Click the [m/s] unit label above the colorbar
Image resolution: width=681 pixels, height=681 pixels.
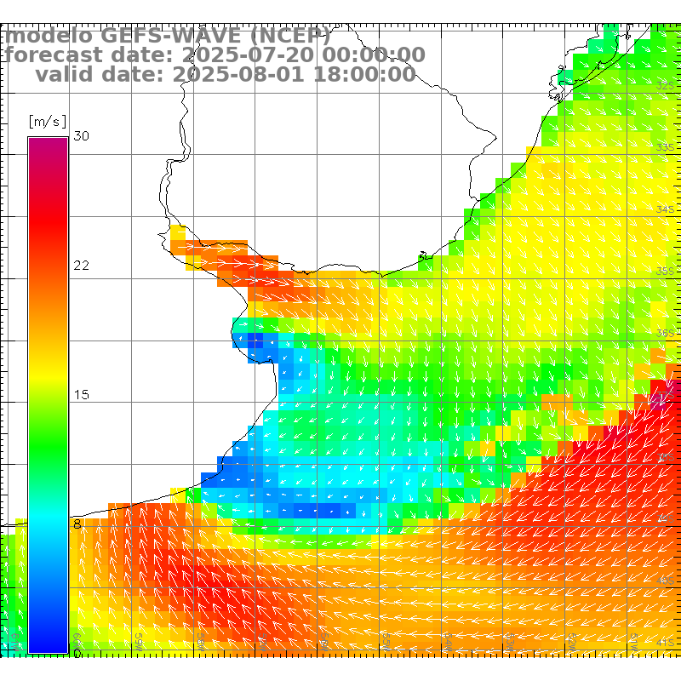point(47,121)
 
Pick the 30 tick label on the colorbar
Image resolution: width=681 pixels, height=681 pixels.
point(82,136)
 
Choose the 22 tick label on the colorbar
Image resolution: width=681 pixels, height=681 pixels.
point(82,266)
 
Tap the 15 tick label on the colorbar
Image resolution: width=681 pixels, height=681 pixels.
point(82,395)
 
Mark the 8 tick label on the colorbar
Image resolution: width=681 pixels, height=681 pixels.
point(77,524)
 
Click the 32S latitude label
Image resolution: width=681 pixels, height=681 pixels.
point(666,85)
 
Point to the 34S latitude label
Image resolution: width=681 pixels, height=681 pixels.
point(666,209)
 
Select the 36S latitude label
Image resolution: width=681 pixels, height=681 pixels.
point(666,333)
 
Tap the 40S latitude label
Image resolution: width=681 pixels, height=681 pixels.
point(666,581)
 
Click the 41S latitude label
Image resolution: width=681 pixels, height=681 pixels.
point(666,642)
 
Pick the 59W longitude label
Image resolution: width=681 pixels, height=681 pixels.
point(140,639)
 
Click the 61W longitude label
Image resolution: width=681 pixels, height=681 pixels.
point(16,639)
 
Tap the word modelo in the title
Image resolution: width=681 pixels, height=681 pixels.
point(49,36)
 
